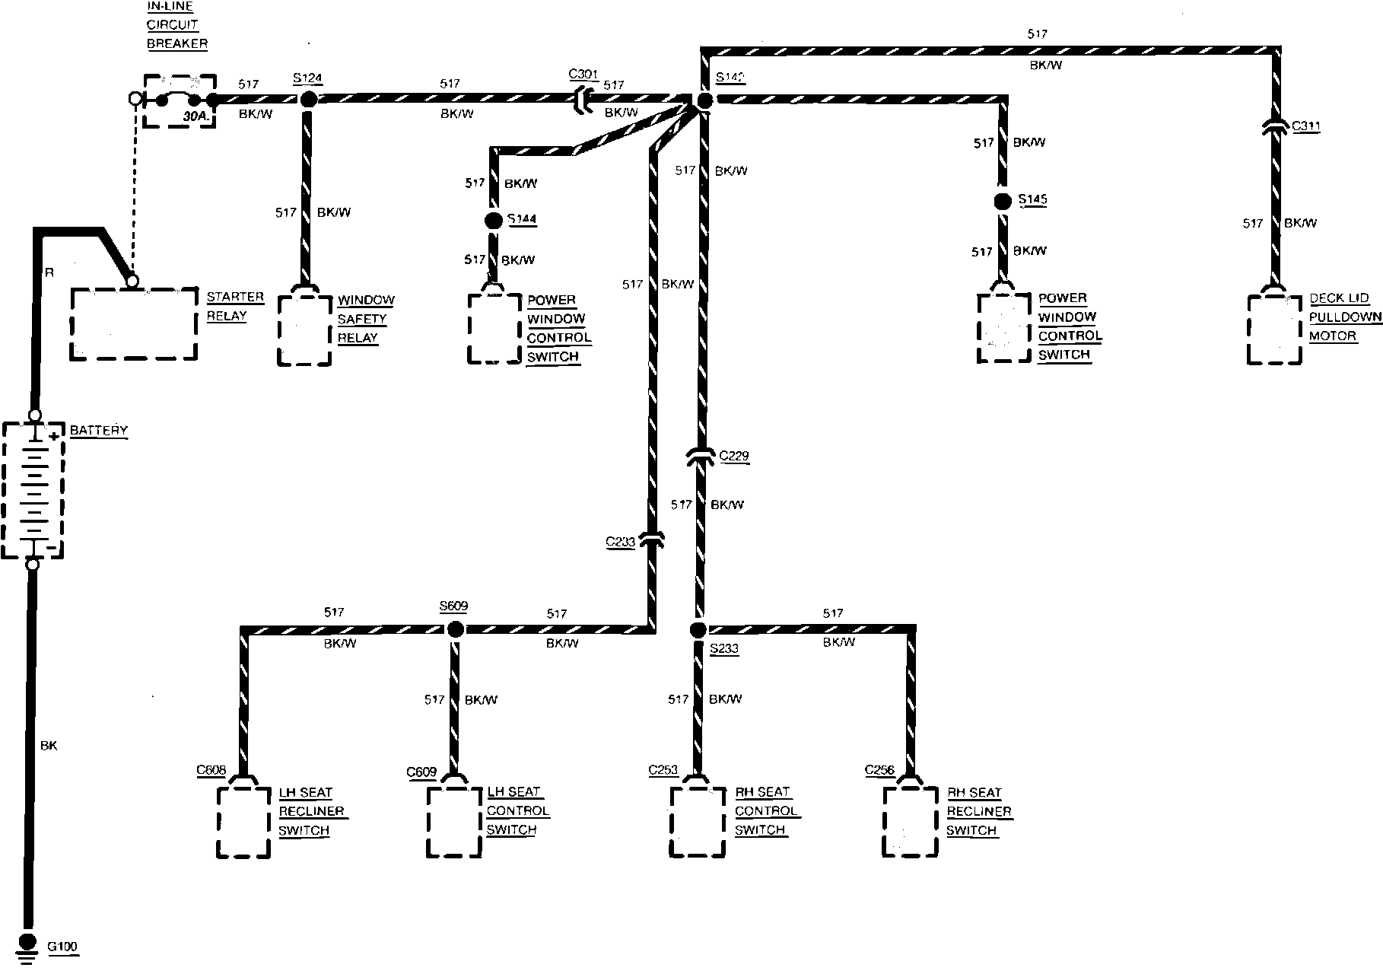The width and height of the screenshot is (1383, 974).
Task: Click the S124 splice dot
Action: [308, 99]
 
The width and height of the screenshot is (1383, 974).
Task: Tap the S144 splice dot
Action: [494, 221]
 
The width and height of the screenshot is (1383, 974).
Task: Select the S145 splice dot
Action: [1003, 201]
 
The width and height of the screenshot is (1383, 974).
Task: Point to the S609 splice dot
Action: [455, 629]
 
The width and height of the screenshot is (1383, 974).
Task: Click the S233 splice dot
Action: [698, 629]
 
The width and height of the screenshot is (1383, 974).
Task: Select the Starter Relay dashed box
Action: [133, 323]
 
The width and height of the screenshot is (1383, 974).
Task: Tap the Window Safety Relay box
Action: [304, 330]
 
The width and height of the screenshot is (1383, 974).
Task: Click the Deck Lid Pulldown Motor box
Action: [1274, 329]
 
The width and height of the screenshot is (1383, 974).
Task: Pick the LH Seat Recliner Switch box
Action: [243, 822]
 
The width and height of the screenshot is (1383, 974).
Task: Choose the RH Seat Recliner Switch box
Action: [910, 821]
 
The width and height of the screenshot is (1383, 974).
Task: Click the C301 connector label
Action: [583, 75]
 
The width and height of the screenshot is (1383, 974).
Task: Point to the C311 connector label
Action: [1305, 126]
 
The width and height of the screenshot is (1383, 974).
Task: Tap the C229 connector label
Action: [734, 457]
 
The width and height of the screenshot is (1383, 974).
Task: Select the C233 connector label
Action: [620, 542]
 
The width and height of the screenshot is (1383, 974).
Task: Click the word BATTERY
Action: [99, 431]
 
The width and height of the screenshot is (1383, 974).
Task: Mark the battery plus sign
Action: [55, 436]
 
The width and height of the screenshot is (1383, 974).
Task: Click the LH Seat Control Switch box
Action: [454, 822]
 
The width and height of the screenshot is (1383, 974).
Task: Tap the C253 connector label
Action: [663, 770]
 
